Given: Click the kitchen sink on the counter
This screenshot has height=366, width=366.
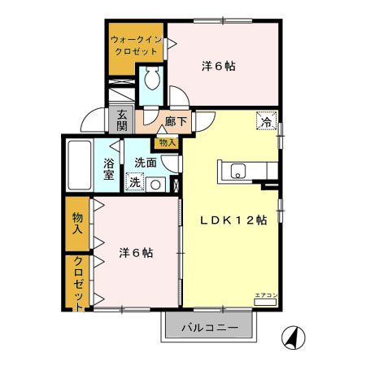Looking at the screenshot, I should (238, 171).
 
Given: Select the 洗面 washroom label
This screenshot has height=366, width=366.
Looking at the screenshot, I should (146, 162).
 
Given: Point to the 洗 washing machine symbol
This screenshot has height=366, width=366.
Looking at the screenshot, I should (135, 182).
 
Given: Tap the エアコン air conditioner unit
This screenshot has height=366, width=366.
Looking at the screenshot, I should (266, 300).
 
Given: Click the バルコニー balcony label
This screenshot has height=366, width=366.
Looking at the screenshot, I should (209, 328).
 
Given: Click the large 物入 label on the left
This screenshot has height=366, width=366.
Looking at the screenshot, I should (77, 224).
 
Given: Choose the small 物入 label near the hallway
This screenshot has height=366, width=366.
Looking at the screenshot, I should (167, 142).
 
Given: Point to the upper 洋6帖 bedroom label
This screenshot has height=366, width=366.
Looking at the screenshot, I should (219, 67).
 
